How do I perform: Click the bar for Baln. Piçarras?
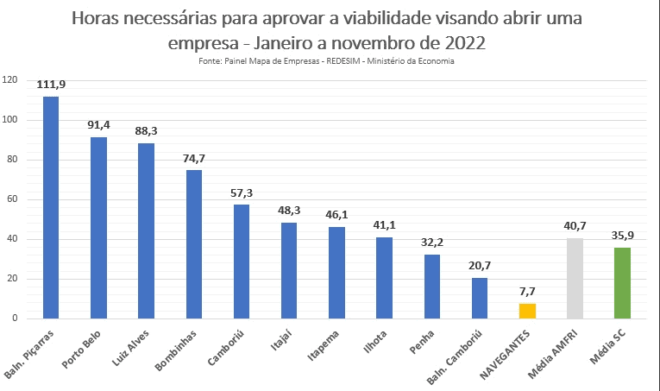(51, 207)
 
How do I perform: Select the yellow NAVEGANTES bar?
(527, 311)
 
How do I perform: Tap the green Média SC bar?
(622, 283)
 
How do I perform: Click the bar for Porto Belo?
(98, 228)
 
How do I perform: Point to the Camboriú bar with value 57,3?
(242, 262)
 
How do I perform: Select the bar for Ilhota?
(384, 277)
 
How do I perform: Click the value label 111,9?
(51, 85)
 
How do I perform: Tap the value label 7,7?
(527, 292)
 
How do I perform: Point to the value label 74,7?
(194, 159)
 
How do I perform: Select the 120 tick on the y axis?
(10, 80)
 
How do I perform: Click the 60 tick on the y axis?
(12, 199)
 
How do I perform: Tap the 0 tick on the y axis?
(15, 318)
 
